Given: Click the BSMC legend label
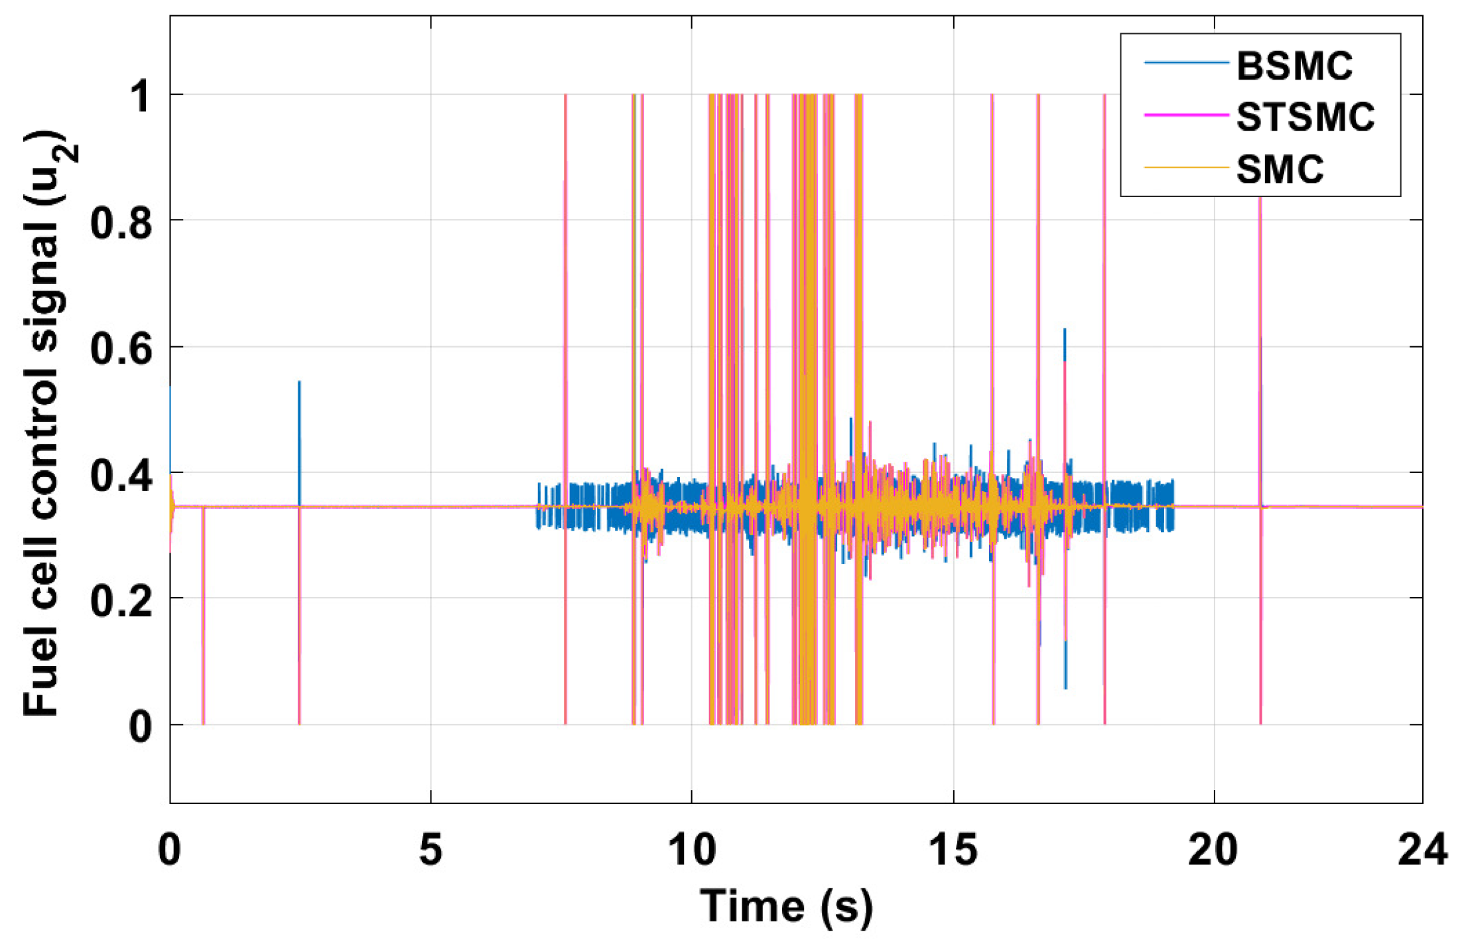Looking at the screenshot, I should [1294, 66].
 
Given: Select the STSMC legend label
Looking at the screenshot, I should [1305, 117].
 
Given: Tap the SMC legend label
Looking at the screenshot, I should [1280, 169].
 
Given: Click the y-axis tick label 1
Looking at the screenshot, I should [139, 96].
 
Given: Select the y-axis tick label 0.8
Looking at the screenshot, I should [120, 222].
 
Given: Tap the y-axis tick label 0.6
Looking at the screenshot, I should [120, 348].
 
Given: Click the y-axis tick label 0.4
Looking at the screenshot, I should [120, 475].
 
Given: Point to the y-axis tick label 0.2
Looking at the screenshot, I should [120, 600].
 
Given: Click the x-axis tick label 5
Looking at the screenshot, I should [431, 849].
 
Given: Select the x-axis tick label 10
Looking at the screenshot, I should [692, 849].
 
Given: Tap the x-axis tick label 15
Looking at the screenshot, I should [953, 849].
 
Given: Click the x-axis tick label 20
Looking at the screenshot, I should [1213, 849].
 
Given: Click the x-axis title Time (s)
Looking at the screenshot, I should [786, 906].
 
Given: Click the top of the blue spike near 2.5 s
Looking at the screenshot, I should [299, 382].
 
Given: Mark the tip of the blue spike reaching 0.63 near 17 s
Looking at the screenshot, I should [1065, 329].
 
